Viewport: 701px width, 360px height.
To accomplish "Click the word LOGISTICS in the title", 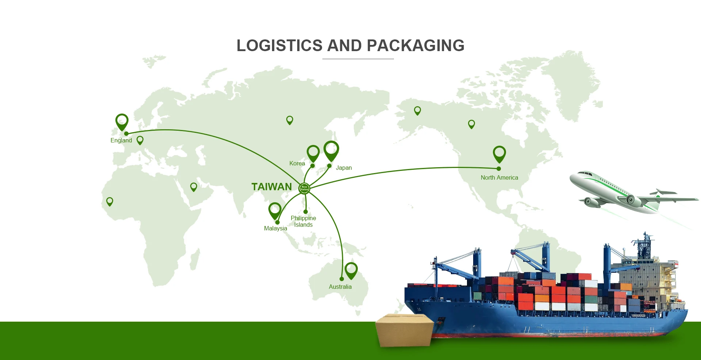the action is (280, 46).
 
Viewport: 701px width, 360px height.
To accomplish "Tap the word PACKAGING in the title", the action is (415, 46).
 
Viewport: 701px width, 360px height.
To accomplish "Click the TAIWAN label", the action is (272, 187).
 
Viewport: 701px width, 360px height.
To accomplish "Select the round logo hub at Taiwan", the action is (304, 188).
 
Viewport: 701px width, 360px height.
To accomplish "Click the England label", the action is (121, 141).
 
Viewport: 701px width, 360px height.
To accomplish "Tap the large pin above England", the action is (122, 121).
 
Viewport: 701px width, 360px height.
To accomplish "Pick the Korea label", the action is (297, 164).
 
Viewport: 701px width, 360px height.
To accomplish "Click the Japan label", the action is (344, 168).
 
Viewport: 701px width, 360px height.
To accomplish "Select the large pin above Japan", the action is (331, 150).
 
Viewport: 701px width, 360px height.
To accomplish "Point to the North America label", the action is (499, 178).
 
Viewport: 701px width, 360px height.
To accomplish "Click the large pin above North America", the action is (499, 153).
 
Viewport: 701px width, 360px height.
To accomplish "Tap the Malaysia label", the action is (275, 229).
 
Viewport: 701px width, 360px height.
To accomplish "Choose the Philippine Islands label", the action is (303, 221).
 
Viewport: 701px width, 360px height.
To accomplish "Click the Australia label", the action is (340, 287).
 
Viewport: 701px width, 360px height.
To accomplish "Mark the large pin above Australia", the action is (351, 270).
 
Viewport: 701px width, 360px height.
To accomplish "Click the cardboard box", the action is (405, 330).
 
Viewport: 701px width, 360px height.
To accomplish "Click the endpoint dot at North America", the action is (499, 169).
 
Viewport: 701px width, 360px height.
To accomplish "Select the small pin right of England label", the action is (140, 140).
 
